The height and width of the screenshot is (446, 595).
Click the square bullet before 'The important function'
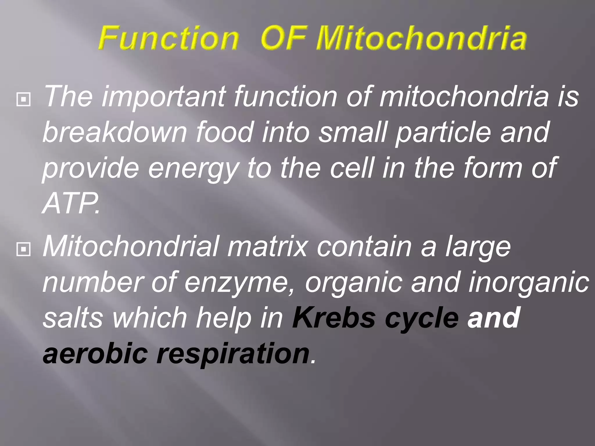(x=24, y=99)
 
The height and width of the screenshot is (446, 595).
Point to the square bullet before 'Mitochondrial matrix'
(x=24, y=249)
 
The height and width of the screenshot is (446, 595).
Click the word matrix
(x=267, y=247)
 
